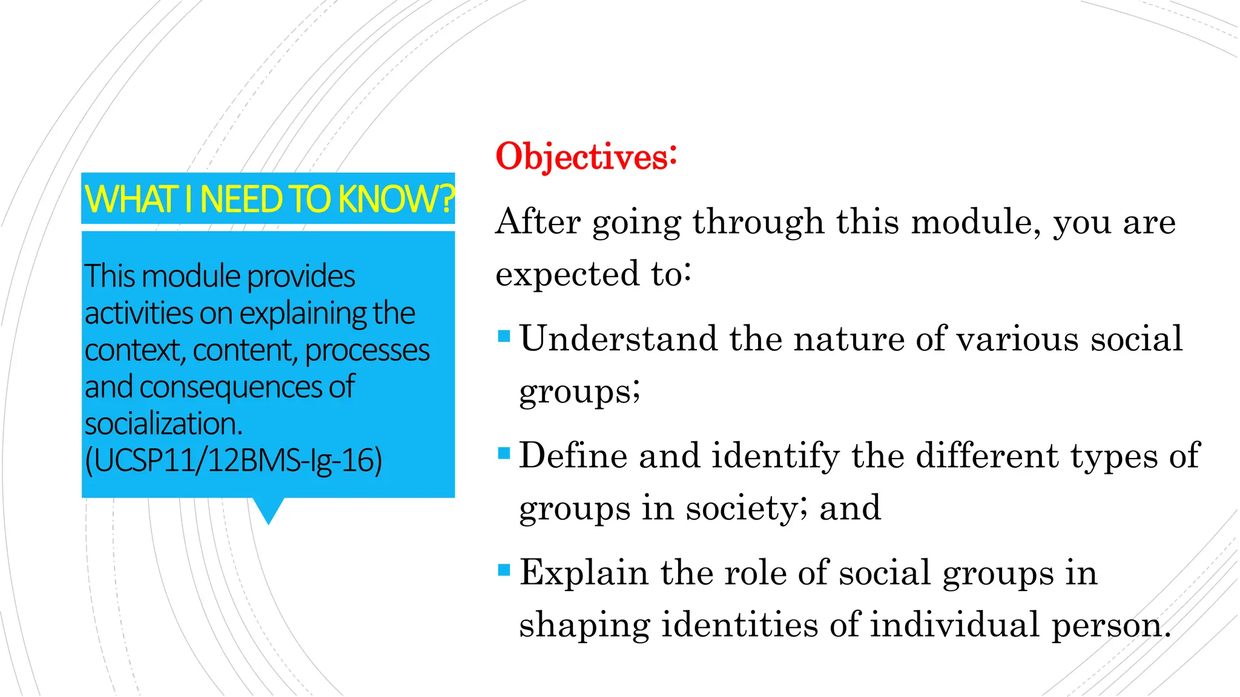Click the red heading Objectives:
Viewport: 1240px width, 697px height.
tap(585, 157)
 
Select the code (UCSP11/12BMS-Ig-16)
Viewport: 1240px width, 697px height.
tap(233, 460)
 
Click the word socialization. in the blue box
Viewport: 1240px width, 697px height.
tap(163, 424)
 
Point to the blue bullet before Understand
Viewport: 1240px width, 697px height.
tap(504, 336)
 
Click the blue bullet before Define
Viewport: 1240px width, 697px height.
tap(504, 453)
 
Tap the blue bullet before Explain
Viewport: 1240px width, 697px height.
tap(504, 570)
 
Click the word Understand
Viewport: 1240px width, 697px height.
tap(618, 338)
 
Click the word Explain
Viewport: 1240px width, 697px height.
tap(584, 573)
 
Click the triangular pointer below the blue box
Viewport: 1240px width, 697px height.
tap(268, 509)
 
